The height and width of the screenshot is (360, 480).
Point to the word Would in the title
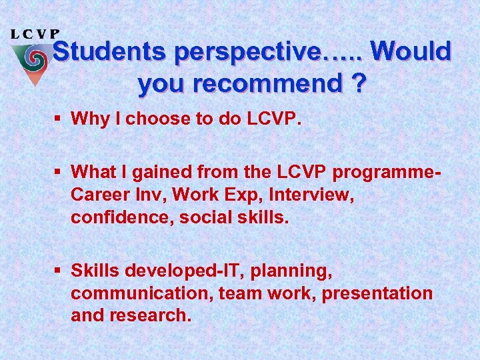coord(411,52)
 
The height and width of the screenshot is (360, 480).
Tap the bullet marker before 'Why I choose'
coord(60,119)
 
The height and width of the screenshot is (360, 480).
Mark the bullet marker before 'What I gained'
coord(60,173)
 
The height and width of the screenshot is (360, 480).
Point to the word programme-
coord(387,173)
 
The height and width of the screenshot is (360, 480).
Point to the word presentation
coord(380,293)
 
